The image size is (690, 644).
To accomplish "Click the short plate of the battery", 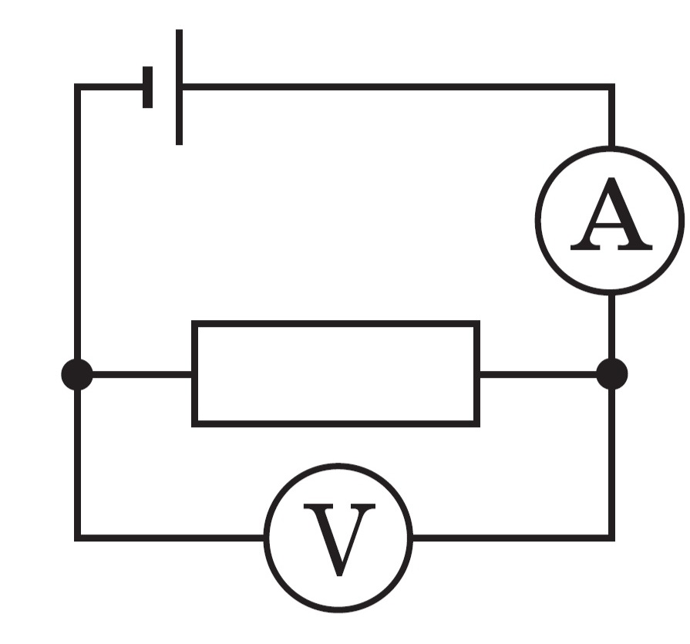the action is [147, 87].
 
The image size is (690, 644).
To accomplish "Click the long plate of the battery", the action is [179, 87].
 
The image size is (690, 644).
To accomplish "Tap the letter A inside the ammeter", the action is [611, 214].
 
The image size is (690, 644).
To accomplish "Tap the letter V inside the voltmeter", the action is [339, 540].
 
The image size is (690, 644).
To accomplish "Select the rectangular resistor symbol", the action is [336, 374].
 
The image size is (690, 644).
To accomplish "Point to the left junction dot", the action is [77, 375].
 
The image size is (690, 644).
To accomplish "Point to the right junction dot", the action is [611, 374].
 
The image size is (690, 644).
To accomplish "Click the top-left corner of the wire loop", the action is [77, 86].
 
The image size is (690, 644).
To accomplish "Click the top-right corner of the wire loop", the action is [611, 86].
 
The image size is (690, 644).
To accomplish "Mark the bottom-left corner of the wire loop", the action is [77, 538].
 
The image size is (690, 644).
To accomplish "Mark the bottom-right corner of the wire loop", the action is [611, 538].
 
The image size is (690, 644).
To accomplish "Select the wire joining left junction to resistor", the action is [142, 375].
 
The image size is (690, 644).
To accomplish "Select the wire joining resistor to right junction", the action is [538, 375].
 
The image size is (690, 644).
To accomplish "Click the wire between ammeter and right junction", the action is [611, 326].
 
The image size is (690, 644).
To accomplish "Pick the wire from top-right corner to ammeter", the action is [611, 116].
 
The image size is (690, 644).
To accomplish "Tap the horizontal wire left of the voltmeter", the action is [170, 538].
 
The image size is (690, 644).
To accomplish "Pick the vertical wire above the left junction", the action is [77, 222].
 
